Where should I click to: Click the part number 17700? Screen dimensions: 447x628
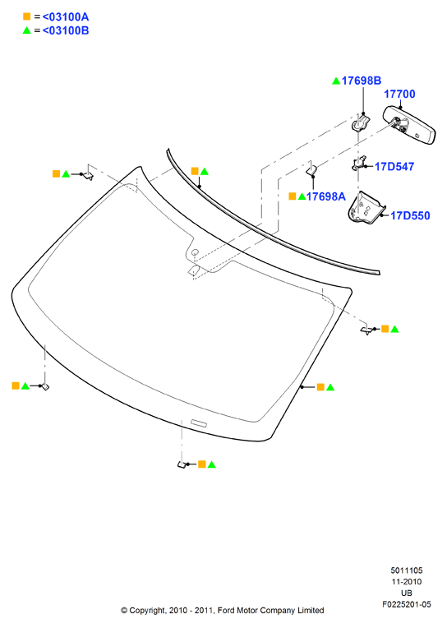coord(399,95)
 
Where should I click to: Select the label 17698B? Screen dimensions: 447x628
coord(362,81)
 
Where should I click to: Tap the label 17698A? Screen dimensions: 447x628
coord(325,196)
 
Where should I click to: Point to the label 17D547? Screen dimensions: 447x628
coord(394,167)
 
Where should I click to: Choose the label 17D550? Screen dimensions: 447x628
coord(410,215)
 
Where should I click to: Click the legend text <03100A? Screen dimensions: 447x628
coord(65,16)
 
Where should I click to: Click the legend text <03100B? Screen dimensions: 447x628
coord(65,30)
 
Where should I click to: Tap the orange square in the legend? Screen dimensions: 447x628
coord(27,16)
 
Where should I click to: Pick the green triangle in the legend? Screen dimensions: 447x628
coord(27,30)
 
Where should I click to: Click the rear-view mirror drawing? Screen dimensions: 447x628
coord(409,125)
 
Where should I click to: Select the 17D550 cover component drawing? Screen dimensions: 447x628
coord(366,208)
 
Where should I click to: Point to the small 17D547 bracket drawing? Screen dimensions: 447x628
coord(359,163)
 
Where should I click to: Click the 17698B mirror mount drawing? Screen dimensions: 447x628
coord(361,122)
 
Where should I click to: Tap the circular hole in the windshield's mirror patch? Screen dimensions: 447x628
coord(195,252)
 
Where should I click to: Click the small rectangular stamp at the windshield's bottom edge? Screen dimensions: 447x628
coord(199,423)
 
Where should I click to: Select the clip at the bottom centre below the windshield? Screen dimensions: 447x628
coord(182,464)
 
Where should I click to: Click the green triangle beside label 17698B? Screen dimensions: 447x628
coord(336,81)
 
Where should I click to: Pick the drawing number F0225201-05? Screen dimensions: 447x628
coord(407,604)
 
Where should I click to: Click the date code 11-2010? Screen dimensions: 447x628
coord(407,581)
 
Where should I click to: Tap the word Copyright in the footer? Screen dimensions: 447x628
coord(147,611)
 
